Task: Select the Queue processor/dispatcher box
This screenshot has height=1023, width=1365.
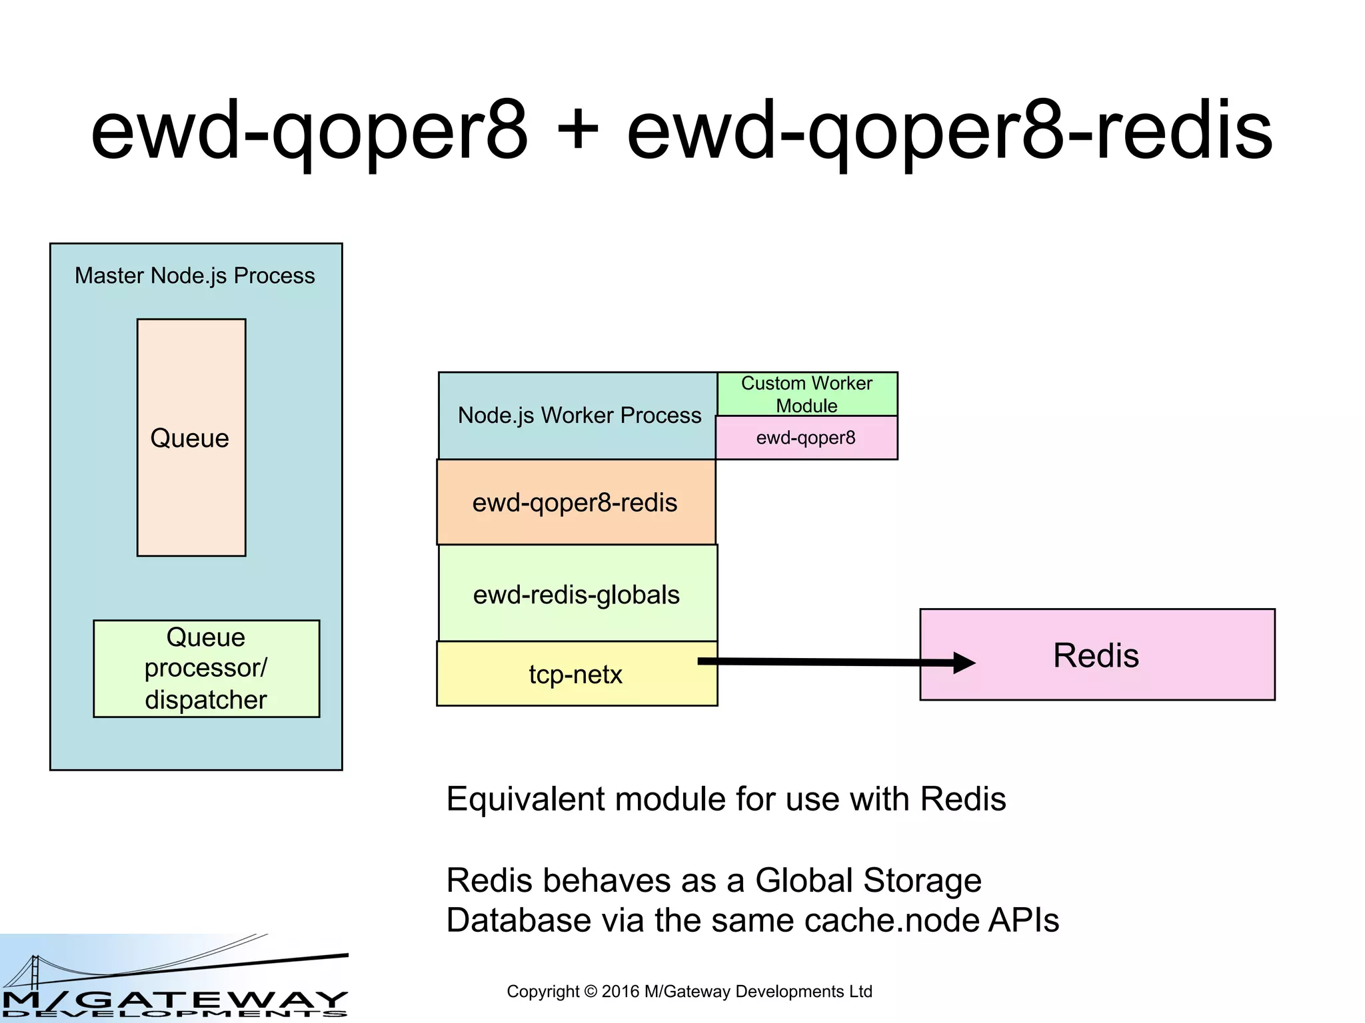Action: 206,669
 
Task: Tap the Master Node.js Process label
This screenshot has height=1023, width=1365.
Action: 195,276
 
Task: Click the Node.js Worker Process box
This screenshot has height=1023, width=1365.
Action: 577,416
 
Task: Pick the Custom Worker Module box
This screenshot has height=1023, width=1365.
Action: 806,394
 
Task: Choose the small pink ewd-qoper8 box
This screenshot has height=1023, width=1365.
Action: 806,438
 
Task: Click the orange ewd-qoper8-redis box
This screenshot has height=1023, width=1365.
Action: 575,503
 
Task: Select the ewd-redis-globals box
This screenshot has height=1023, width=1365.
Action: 577,595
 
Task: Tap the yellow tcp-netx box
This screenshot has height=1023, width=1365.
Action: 575,675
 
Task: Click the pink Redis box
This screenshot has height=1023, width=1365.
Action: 1096,655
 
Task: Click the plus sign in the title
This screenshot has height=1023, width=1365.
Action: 577,130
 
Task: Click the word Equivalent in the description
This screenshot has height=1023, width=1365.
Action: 525,799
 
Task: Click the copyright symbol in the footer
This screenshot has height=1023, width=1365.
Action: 591,992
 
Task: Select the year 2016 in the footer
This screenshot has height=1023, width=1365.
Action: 621,992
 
